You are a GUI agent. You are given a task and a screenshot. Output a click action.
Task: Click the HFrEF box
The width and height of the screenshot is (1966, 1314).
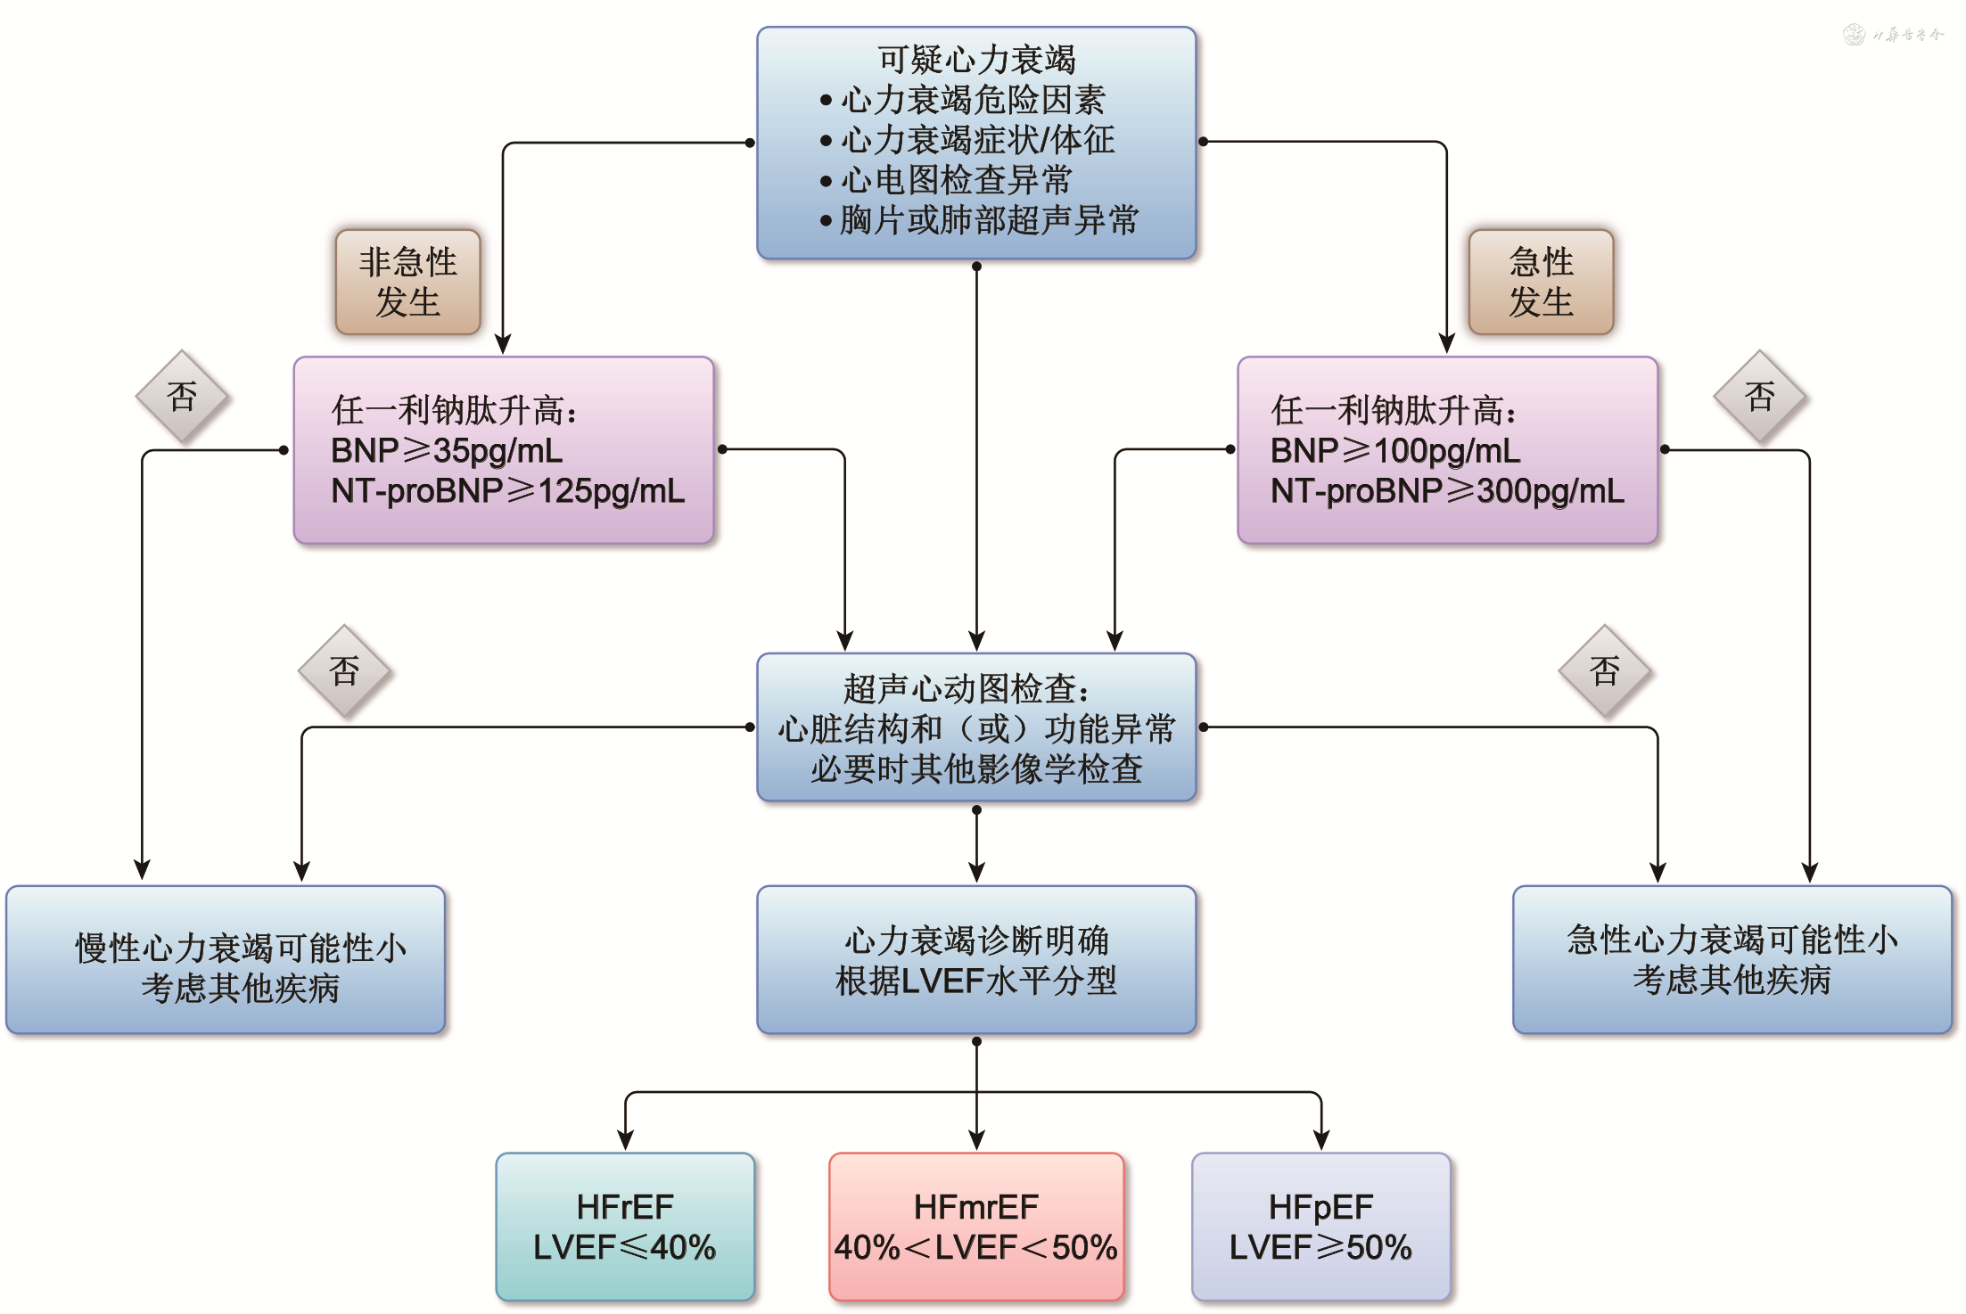click(625, 1227)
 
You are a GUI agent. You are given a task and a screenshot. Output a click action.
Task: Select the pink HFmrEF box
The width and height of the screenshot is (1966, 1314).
click(976, 1227)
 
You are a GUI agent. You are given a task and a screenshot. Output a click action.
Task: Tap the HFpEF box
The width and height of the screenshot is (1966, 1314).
click(1320, 1227)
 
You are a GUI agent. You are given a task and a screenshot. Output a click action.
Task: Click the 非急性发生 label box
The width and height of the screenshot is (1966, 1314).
click(408, 282)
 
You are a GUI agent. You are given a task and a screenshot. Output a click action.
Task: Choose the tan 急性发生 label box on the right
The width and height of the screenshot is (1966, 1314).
click(1541, 282)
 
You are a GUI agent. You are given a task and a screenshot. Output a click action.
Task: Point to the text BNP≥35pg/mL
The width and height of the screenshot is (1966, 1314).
click(447, 451)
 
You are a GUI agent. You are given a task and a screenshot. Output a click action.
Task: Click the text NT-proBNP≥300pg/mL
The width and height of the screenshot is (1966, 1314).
click(1447, 491)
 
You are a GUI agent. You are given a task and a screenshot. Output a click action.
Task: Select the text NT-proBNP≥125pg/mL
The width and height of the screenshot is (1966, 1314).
click(507, 491)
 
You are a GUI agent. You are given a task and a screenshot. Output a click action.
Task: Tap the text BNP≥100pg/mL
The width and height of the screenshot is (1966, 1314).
click(1395, 451)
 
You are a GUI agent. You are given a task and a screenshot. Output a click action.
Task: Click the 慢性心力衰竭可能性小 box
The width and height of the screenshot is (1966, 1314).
click(226, 960)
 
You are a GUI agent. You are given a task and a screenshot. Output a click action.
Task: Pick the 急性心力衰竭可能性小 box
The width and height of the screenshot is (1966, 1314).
click(1732, 960)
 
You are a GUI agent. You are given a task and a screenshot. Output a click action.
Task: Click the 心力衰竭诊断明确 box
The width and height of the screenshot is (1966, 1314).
click(976, 960)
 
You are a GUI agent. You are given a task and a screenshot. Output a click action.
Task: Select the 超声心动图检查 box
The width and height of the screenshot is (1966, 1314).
click(976, 727)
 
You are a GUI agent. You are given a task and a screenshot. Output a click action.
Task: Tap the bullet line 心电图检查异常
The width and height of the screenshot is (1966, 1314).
click(956, 181)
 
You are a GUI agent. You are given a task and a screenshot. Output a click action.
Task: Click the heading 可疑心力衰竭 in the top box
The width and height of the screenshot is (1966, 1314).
click(976, 60)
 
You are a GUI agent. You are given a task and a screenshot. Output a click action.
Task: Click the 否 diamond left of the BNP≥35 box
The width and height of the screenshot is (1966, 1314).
click(182, 397)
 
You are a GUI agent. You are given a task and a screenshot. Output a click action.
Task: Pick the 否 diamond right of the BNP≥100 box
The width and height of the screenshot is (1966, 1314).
click(1760, 397)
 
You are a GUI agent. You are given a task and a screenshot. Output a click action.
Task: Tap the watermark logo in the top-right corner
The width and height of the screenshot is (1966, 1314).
click(1855, 35)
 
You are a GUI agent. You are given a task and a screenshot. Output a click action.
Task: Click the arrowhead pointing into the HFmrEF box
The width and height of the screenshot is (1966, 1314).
click(976, 1141)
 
